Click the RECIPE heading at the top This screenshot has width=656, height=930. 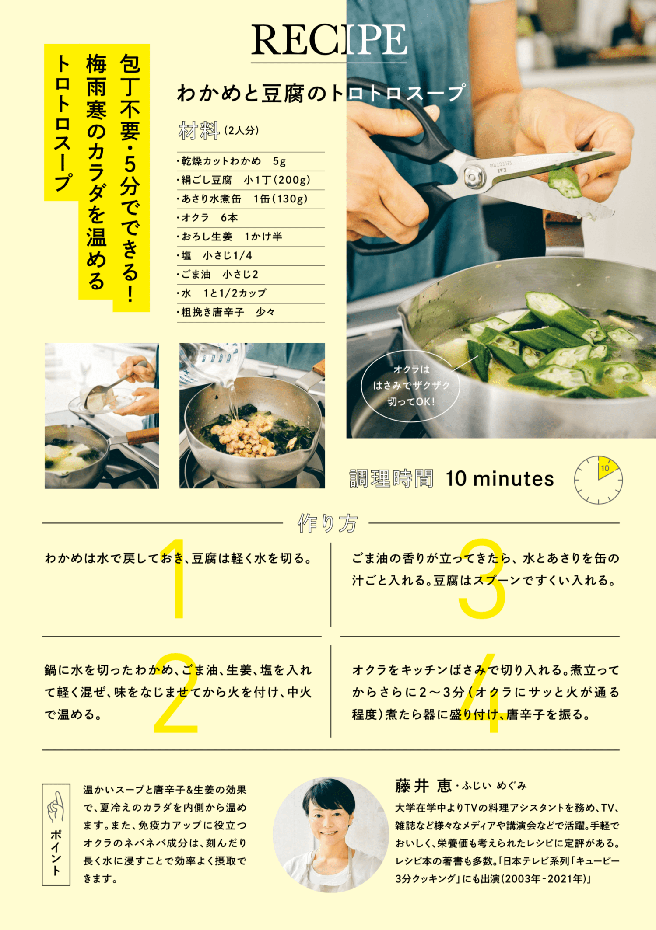[x=329, y=40]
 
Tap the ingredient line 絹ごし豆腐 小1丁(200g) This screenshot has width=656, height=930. [x=244, y=180]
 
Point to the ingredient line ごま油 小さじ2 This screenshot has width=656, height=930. [x=217, y=275]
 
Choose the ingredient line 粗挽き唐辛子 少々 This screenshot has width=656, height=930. [x=226, y=312]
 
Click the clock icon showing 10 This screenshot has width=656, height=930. [x=598, y=480]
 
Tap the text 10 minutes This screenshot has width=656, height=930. [x=500, y=479]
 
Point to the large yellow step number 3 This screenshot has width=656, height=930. [x=482, y=578]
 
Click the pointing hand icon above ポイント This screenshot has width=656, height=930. [x=56, y=807]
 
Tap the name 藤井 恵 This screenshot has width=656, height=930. [x=423, y=786]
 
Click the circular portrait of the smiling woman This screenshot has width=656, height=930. [x=331, y=834]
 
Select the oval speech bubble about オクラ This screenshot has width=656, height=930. [x=410, y=386]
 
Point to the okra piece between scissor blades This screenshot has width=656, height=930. [x=565, y=183]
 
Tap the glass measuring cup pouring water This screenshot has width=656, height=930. [x=212, y=361]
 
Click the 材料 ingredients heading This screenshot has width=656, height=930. [x=199, y=130]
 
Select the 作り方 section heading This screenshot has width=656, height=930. [x=327, y=523]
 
